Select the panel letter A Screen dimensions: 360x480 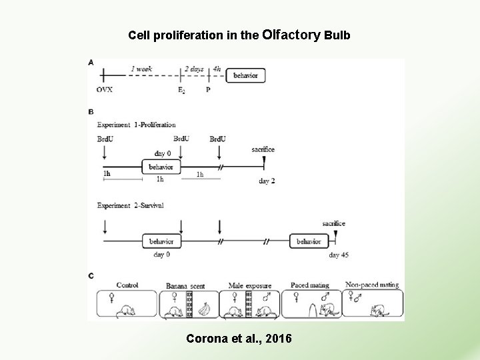tap(91, 63)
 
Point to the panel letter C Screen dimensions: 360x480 tap(91, 275)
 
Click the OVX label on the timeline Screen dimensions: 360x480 tap(104, 90)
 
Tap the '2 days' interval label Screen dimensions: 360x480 tap(195, 68)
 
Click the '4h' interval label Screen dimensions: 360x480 tap(217, 68)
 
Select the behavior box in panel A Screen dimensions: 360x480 tap(245, 76)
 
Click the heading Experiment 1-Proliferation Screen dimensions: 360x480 tap(137, 124)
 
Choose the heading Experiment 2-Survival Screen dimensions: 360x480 tap(131, 205)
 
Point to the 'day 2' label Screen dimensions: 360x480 tap(267, 181)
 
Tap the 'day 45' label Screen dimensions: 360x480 tap(339, 255)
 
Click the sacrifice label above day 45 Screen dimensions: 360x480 tap(333, 223)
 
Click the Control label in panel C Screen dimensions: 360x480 tap(126, 285)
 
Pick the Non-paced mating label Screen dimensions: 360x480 tap(372, 285)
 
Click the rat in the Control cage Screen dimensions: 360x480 tap(127, 311)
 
